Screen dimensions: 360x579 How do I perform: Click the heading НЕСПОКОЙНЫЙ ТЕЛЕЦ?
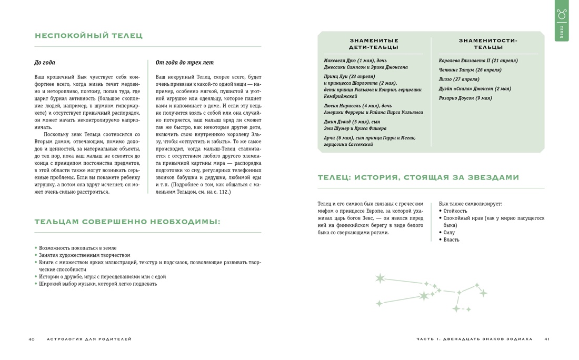click(88, 36)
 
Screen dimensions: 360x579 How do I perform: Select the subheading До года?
click(45, 62)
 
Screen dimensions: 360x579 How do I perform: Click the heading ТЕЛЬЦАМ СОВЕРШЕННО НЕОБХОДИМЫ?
click(127, 222)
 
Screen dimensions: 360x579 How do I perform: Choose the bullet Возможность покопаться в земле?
click(77, 248)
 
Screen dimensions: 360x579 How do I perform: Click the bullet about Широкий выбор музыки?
click(97, 284)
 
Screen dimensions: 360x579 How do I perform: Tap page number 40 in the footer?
click(32, 339)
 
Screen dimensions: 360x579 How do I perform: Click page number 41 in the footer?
click(547, 339)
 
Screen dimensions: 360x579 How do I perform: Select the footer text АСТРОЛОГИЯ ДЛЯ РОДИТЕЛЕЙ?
click(89, 339)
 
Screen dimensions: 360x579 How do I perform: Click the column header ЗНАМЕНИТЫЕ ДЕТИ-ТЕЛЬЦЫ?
click(374, 44)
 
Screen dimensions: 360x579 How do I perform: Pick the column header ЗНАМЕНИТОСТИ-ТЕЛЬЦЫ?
click(488, 44)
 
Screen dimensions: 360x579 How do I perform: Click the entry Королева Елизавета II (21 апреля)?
click(478, 61)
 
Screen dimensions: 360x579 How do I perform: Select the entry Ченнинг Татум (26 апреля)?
click(470, 70)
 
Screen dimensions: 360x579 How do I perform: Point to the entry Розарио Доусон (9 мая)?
click(465, 98)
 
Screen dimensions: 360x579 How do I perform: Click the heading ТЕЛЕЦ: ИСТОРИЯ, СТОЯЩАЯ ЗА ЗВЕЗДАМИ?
click(418, 178)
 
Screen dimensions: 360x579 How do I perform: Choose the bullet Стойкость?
click(455, 211)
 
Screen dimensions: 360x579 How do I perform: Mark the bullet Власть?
click(451, 239)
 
